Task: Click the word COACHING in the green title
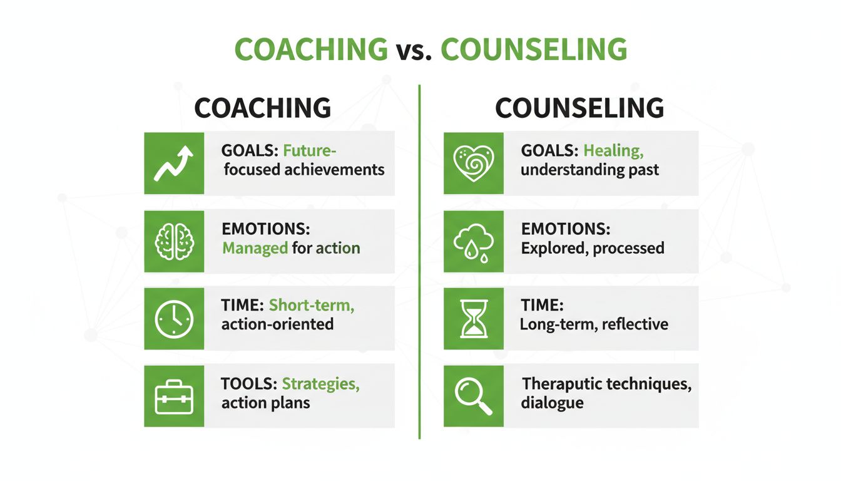pyautogui.click(x=311, y=49)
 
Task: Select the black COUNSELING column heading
pyautogui.click(x=579, y=108)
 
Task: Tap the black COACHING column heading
pyautogui.click(x=262, y=108)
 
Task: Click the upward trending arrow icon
pyautogui.click(x=174, y=163)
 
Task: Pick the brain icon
pyautogui.click(x=174, y=241)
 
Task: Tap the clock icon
pyautogui.click(x=174, y=318)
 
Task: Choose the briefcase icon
pyautogui.click(x=174, y=396)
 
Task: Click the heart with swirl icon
pyautogui.click(x=474, y=163)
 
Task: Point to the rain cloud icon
pyautogui.click(x=474, y=241)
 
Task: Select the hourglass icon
pyautogui.click(x=474, y=318)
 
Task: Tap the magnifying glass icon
pyautogui.click(x=474, y=396)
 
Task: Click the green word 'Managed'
pyautogui.click(x=255, y=248)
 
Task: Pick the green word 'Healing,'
pyautogui.click(x=613, y=151)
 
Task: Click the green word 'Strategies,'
pyautogui.click(x=320, y=383)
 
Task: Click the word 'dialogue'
pyautogui.click(x=551, y=403)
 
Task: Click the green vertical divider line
pyautogui.click(x=419, y=263)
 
